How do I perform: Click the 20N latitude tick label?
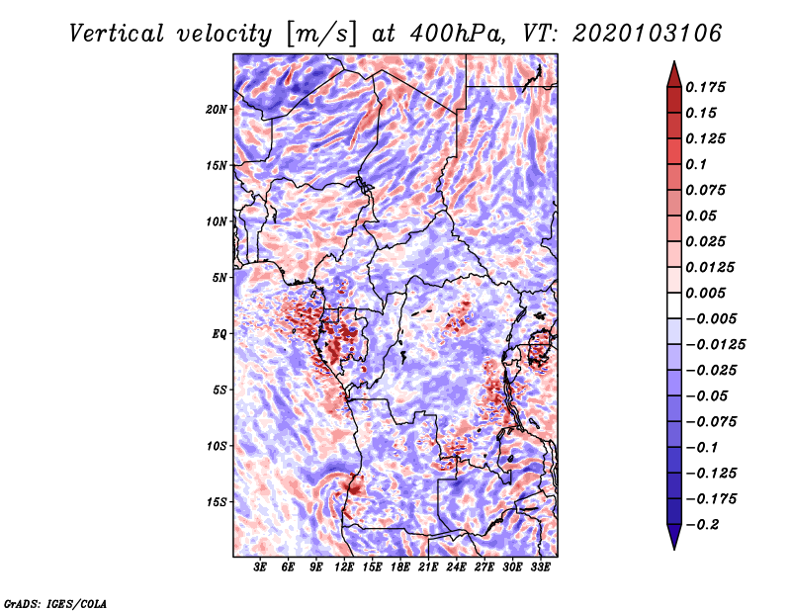coord(217,110)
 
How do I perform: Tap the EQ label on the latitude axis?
coord(220,334)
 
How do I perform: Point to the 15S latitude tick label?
coord(217,502)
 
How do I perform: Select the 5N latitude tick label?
coord(220,278)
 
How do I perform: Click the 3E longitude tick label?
coord(260,567)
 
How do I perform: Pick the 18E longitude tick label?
coord(399,567)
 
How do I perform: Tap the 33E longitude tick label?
coord(540,567)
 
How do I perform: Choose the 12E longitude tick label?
coord(343,567)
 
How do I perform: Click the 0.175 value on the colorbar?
coord(705,87)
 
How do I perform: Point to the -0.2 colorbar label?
coord(702,525)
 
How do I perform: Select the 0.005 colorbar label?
coord(705,293)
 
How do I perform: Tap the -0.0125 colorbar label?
coord(715,345)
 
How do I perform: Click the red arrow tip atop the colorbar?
coord(674,62)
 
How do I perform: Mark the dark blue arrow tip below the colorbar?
coord(674,549)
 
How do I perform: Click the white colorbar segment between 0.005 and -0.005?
coord(674,305)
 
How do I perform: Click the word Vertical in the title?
coord(117,34)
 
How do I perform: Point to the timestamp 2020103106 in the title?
coord(648,34)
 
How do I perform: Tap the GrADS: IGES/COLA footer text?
coord(55,603)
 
